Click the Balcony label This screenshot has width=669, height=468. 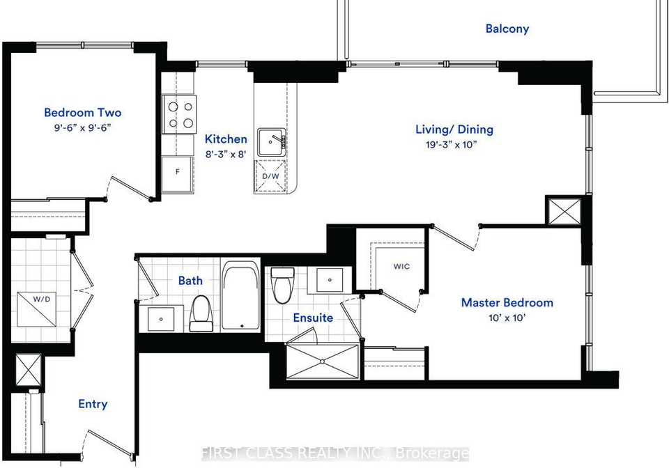(x=507, y=29)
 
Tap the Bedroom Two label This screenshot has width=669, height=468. (x=83, y=113)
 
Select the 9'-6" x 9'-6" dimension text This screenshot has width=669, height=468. (x=83, y=127)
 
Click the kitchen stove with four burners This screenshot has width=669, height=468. (x=179, y=114)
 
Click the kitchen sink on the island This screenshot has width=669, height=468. (x=271, y=141)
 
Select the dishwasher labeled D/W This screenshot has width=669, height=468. (x=270, y=176)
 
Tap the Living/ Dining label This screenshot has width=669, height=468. (x=454, y=129)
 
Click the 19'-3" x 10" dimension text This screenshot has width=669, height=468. (x=451, y=144)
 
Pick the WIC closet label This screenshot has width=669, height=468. (x=401, y=267)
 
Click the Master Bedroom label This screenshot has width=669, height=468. (x=507, y=303)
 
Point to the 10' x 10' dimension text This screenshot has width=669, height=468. (x=507, y=318)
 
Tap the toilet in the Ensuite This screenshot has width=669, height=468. (x=282, y=285)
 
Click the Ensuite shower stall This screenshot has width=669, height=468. (x=322, y=361)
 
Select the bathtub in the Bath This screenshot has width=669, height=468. (x=240, y=295)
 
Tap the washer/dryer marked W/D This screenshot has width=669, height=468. (x=37, y=309)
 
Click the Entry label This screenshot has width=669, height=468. (x=93, y=404)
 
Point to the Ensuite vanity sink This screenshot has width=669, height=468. (x=330, y=280)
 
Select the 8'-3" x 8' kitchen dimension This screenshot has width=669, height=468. (x=226, y=154)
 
